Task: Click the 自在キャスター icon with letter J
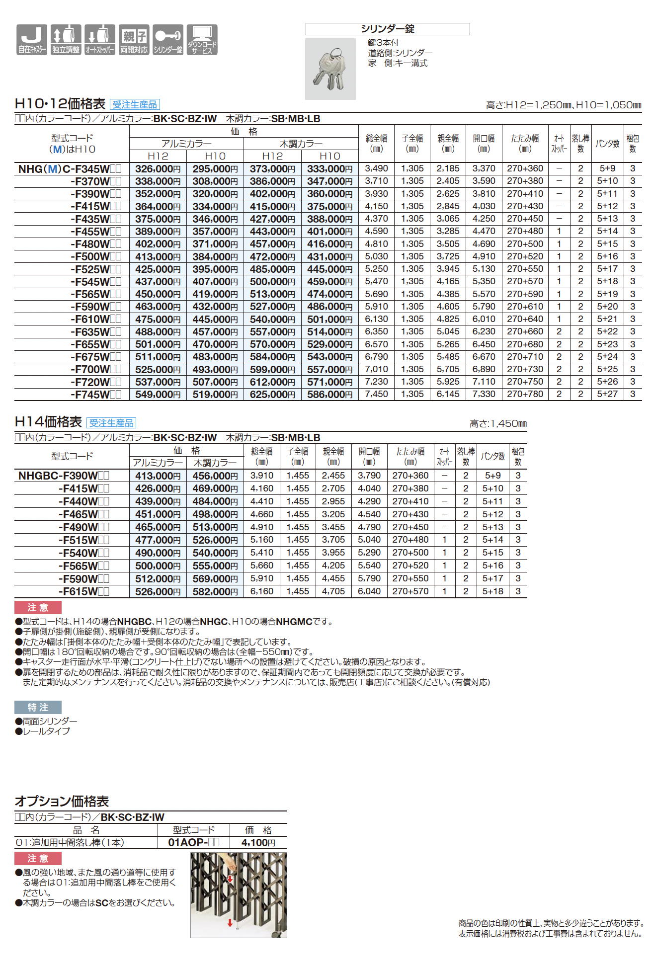[x=32, y=39]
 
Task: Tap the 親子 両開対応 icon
[x=134, y=39]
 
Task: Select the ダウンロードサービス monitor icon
[x=202, y=39]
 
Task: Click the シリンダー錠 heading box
[x=387, y=29]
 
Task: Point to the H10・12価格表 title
[x=60, y=103]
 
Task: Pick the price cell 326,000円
[x=158, y=169]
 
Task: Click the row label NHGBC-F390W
[x=64, y=476]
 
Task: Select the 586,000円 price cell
[x=329, y=395]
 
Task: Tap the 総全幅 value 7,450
[x=376, y=394]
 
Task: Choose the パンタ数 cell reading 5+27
[x=607, y=394]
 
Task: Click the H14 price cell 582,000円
[x=215, y=591]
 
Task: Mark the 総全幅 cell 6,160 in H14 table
[x=262, y=591]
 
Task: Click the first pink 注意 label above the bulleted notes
[x=38, y=607]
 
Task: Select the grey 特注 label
[x=38, y=707]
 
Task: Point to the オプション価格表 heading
[x=62, y=801]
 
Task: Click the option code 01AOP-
[x=193, y=842]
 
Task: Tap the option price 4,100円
[x=258, y=842]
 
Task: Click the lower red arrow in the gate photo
[x=230, y=923]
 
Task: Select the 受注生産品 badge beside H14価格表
[x=111, y=423]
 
